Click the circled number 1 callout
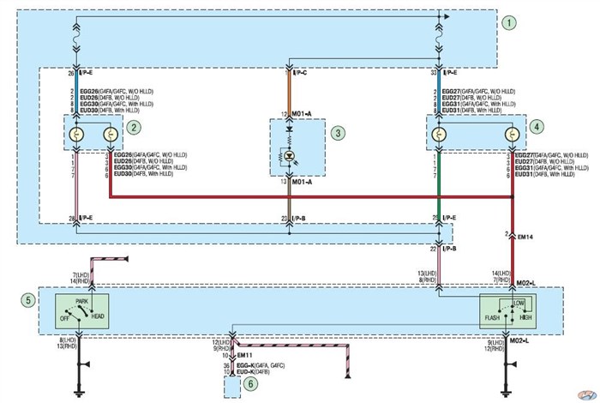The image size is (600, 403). (511, 22)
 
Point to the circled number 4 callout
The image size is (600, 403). (537, 126)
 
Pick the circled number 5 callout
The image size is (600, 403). (29, 300)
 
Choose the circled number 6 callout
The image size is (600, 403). (250, 385)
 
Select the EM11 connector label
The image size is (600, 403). (244, 354)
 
